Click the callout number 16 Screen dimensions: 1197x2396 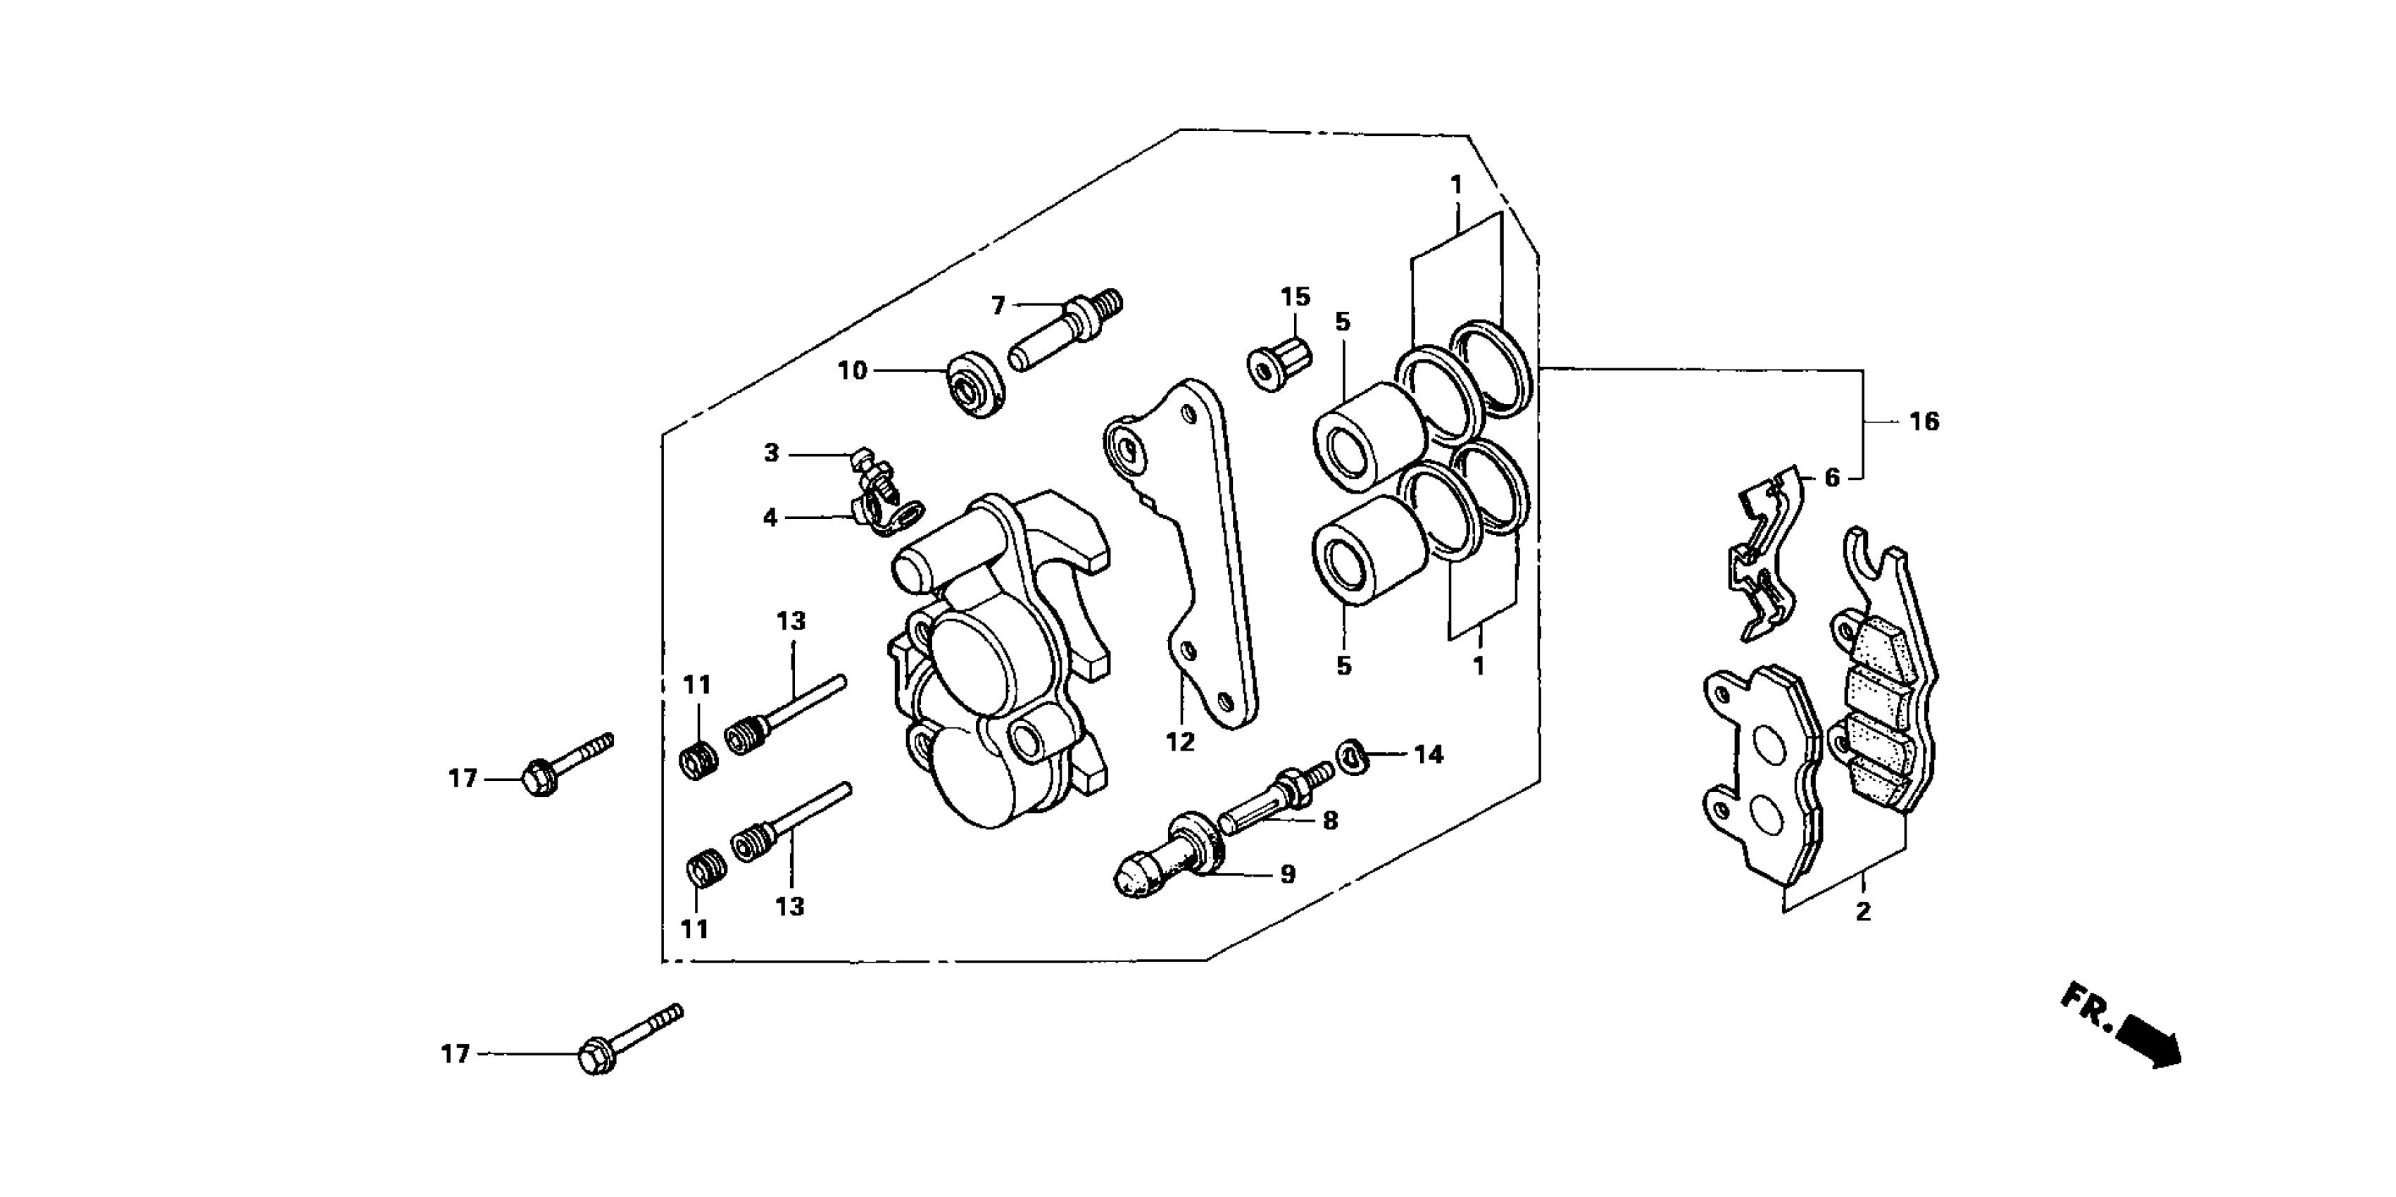pyautogui.click(x=1924, y=422)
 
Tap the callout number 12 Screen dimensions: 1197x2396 pyautogui.click(x=1179, y=742)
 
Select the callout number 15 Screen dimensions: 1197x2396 pyautogui.click(x=1295, y=298)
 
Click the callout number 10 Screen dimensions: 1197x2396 pyautogui.click(x=852, y=371)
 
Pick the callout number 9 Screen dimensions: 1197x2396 pyautogui.click(x=1287, y=875)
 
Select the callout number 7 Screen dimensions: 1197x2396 pyautogui.click(x=998, y=305)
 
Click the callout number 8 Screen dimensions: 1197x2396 pyautogui.click(x=1330, y=820)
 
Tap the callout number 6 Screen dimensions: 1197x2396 pyautogui.click(x=1831, y=478)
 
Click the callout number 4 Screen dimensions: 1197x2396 pyautogui.click(x=770, y=517)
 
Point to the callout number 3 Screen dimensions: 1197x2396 pyautogui.click(x=770, y=454)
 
